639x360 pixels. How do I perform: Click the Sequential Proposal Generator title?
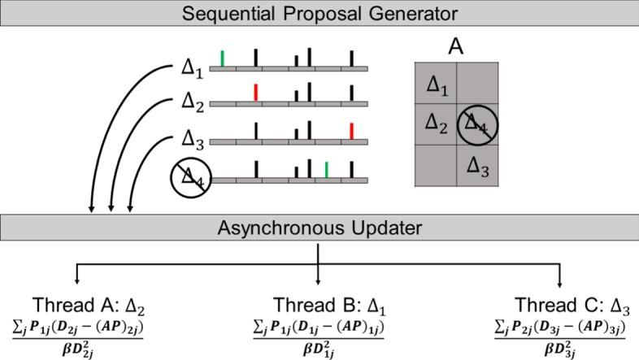coord(319,13)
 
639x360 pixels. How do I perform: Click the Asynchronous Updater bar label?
coord(319,228)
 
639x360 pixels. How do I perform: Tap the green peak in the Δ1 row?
coord(223,58)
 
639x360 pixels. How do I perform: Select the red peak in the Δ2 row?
coord(255,93)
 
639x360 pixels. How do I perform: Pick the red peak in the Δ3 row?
coord(351,131)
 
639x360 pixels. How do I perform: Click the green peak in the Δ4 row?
coord(326,169)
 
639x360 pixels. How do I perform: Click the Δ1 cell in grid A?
coord(436,84)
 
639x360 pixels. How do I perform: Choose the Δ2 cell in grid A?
coord(436,124)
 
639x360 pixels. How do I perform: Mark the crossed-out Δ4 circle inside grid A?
coord(478,126)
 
